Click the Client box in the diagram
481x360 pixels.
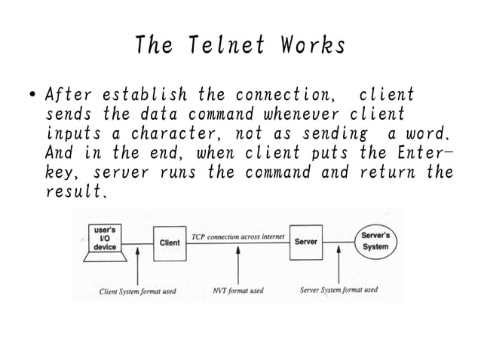click(x=170, y=243)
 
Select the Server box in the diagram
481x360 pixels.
click(x=305, y=243)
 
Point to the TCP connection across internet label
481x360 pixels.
click(x=238, y=236)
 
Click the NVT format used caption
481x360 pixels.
click(x=237, y=290)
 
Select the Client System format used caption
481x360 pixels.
click(x=138, y=290)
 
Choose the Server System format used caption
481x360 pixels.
click(x=339, y=290)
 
